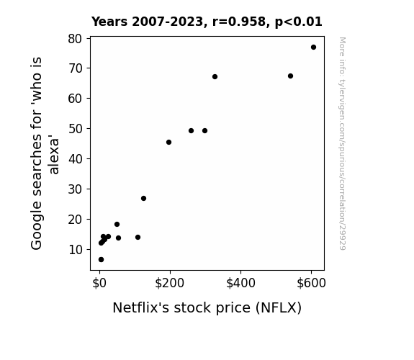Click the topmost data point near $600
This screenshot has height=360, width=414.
coord(313,48)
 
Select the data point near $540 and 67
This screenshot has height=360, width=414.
coord(290,76)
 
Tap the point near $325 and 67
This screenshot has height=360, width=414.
coord(215,77)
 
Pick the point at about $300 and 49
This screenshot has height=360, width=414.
coord(204,131)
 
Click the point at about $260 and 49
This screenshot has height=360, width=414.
coord(191,131)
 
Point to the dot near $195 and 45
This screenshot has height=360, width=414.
coord(169,143)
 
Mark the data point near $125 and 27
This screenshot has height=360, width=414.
coord(143,198)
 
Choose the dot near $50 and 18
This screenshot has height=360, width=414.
coord(117,224)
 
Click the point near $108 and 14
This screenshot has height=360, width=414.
coord(138,238)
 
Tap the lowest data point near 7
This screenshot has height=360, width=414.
coord(101,260)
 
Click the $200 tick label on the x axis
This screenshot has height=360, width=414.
coord(169,283)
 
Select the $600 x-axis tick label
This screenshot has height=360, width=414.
coord(311,283)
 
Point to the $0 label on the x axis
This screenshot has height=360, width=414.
coord(99,283)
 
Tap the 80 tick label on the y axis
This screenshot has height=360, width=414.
coord(76,39)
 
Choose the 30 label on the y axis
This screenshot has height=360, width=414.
coord(76,189)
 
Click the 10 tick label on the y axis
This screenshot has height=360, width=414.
coord(76,250)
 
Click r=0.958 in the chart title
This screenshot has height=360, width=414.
coord(239,22)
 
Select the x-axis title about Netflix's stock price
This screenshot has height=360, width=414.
coord(207,307)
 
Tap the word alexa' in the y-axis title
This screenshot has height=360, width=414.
coord(53,155)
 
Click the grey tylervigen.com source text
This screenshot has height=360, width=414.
coord(342,143)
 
